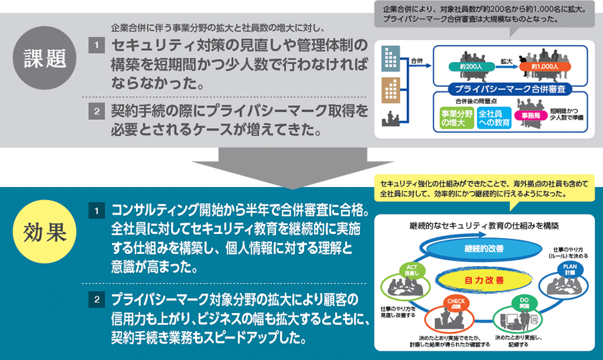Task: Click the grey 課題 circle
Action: point(48,58)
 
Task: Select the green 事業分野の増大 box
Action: point(457,118)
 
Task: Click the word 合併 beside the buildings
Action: point(417,61)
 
